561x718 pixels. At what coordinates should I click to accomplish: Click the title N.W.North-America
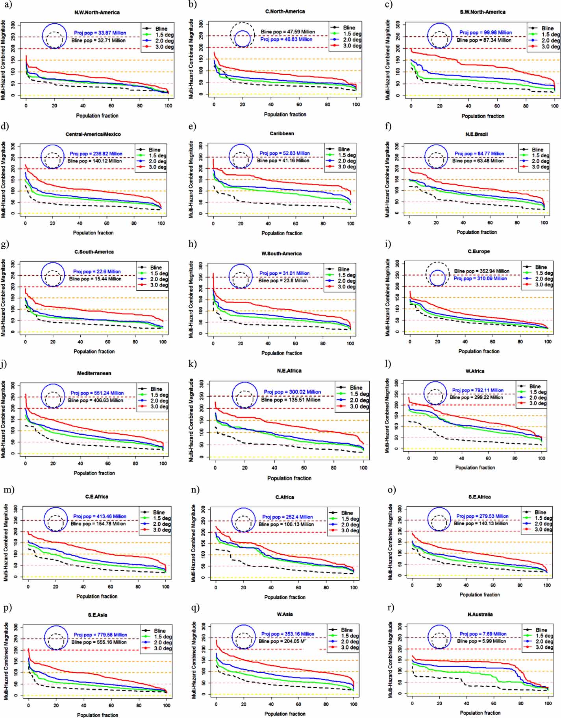point(97,13)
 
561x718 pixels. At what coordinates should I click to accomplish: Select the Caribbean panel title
point(282,134)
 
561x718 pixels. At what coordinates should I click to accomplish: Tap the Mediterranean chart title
point(94,373)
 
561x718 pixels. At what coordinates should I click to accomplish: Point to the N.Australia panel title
point(480,615)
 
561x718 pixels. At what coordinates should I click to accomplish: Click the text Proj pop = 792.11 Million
point(478,390)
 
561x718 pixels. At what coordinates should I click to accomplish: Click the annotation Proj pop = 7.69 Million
point(483,634)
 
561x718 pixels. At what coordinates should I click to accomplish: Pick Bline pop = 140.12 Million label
point(94,161)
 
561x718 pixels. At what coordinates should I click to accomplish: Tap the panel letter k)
point(193,364)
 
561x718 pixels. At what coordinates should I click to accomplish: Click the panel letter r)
point(390,607)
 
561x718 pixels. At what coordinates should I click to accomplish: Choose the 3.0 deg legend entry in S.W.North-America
point(550,46)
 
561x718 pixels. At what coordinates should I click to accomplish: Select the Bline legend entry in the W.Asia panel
point(346,630)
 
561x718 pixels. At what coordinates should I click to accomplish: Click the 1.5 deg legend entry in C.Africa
point(350,519)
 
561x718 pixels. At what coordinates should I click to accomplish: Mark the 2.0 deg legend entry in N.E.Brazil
point(541,161)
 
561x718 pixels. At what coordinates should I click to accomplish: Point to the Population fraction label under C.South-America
point(94,351)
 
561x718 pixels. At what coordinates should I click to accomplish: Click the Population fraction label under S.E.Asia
point(97,715)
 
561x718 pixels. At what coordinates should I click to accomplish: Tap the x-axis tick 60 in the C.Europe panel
point(492,341)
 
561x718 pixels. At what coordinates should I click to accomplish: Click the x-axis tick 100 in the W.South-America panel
point(350,343)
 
